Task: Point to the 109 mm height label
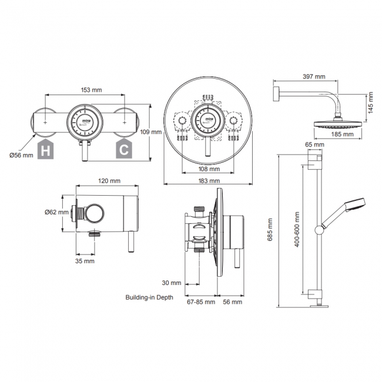[x=151, y=132]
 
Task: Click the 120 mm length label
[x=109, y=181]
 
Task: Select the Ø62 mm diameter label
[x=56, y=212]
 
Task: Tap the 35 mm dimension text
[x=85, y=260]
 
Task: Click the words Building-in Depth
[x=149, y=297]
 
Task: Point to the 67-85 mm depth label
[x=200, y=302]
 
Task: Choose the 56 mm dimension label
[x=233, y=302]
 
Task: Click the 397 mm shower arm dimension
[x=314, y=76]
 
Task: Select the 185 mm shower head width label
[x=341, y=134]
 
